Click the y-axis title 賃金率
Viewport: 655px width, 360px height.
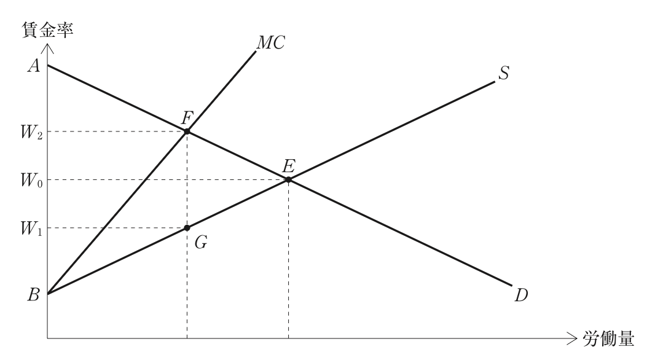pyautogui.click(x=47, y=31)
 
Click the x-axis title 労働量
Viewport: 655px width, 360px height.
pyautogui.click(x=608, y=338)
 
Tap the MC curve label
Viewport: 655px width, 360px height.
pyautogui.click(x=271, y=42)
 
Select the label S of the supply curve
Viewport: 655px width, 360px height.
pyautogui.click(x=504, y=73)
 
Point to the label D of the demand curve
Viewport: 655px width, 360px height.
pyautogui.click(x=521, y=295)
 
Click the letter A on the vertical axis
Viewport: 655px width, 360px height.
pyautogui.click(x=34, y=66)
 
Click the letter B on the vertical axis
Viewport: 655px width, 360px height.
pyautogui.click(x=33, y=295)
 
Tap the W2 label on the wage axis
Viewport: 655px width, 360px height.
pyautogui.click(x=31, y=133)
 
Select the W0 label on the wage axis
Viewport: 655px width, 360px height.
pyautogui.click(x=31, y=181)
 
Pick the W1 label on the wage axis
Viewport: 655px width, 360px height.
pyautogui.click(x=31, y=229)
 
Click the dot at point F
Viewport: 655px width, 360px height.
pyautogui.click(x=187, y=131)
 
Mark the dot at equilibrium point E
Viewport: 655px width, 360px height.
pyautogui.click(x=288, y=179)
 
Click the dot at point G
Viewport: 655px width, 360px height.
pyautogui.click(x=187, y=227)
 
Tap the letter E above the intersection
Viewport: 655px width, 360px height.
pyautogui.click(x=289, y=166)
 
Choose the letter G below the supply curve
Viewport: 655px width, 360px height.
pyautogui.click(x=201, y=242)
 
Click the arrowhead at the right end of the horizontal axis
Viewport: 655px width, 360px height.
pyautogui.click(x=571, y=338)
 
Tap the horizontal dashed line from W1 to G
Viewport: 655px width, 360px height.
pyautogui.click(x=117, y=227)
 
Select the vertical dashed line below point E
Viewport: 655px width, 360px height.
pyautogui.click(x=288, y=259)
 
